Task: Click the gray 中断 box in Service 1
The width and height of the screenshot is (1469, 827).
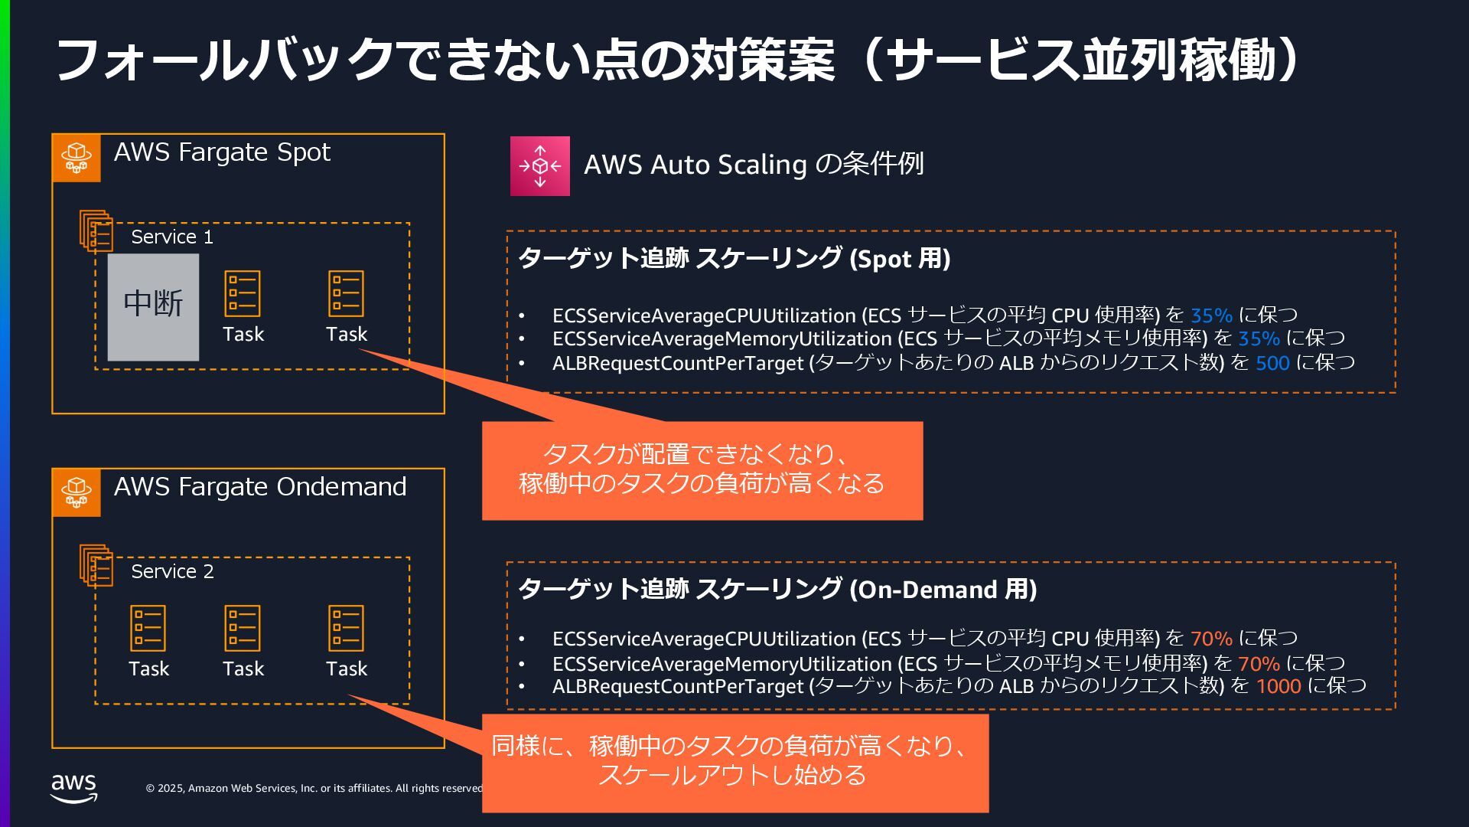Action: (153, 307)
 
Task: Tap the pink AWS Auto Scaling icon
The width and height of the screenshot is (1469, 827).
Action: (540, 166)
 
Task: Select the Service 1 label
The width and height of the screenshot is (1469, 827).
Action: (172, 237)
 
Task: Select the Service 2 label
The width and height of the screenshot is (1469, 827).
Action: (172, 572)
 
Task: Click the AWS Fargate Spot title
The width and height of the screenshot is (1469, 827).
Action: (222, 152)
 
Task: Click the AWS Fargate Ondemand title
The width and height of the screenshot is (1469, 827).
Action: (260, 487)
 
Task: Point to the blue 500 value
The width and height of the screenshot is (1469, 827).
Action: (1272, 363)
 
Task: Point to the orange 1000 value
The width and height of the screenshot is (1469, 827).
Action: (1278, 686)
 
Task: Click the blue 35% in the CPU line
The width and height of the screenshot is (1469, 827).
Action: (1211, 315)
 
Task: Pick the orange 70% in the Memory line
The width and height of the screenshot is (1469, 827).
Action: (1259, 663)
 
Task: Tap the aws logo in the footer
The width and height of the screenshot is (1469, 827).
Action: (74, 787)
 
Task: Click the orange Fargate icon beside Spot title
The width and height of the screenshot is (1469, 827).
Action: (77, 158)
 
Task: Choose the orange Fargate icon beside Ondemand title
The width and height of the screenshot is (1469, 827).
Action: (77, 492)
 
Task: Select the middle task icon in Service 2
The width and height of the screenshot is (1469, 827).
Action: (243, 629)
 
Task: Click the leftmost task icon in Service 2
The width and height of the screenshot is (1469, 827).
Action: (148, 629)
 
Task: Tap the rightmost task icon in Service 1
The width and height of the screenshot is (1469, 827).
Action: (346, 294)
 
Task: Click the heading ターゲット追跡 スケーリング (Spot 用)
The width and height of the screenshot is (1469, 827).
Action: (734, 259)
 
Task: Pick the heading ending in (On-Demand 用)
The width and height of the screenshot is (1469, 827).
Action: (777, 590)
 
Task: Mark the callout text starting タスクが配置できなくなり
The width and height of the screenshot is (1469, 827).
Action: (702, 469)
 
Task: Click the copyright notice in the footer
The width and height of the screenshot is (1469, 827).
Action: (314, 788)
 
